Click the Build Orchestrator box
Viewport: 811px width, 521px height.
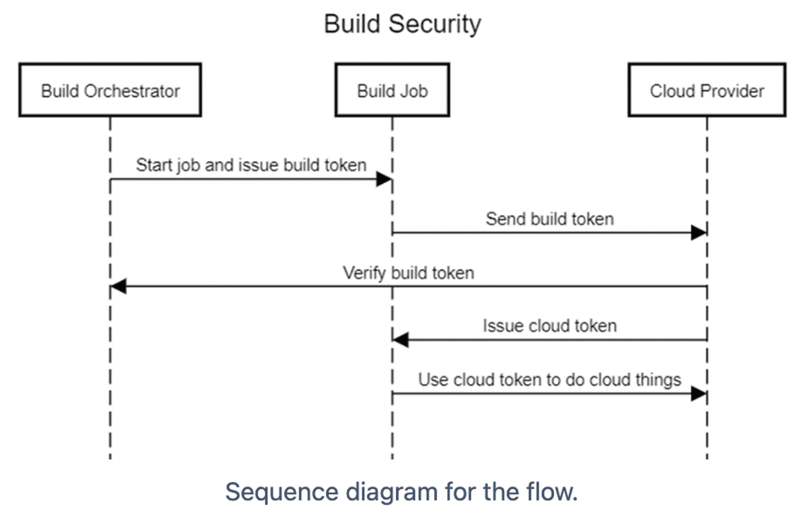[110, 90]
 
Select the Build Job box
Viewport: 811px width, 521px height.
[392, 90]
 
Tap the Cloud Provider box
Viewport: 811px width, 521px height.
[707, 90]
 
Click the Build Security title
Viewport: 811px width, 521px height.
[402, 24]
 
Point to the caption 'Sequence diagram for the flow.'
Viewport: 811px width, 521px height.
[401, 492]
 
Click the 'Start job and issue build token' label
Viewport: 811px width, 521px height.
[251, 166]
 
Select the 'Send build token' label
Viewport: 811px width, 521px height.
[550, 219]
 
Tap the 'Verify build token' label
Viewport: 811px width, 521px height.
[408, 273]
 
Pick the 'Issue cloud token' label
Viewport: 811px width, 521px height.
[550, 326]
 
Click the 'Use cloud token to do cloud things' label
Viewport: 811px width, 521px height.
[550, 380]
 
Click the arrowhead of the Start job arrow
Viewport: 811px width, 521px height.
[384, 179]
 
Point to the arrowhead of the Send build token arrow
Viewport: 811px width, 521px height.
[699, 232]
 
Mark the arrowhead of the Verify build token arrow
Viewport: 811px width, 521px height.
[118, 286]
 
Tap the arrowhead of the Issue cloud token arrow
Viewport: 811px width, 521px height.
[400, 339]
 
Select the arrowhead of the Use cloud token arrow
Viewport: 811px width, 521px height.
[699, 394]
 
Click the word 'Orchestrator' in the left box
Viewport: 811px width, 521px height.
[132, 91]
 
